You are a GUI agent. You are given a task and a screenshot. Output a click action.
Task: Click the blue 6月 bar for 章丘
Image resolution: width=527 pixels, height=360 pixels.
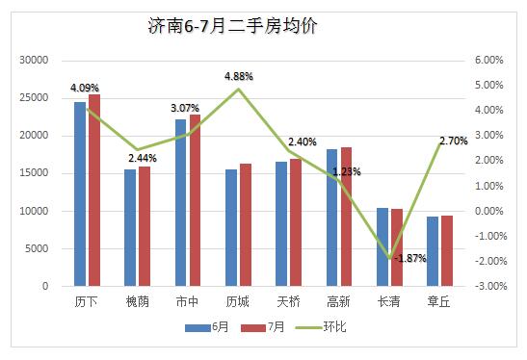click(433, 251)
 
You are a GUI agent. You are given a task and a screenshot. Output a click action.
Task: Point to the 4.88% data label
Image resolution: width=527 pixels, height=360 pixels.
click(240, 76)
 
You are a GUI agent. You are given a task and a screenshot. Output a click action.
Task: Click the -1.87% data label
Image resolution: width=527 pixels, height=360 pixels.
click(411, 258)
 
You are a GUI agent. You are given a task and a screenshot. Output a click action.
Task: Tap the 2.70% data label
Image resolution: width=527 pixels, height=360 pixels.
click(453, 141)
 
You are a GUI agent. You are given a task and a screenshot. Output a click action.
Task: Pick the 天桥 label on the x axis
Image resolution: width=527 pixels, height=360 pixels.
click(288, 301)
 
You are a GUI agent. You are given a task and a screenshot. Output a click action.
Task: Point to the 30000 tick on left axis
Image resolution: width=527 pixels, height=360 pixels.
click(34, 60)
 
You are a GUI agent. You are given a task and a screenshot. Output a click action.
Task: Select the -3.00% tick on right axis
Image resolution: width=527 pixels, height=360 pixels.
click(488, 286)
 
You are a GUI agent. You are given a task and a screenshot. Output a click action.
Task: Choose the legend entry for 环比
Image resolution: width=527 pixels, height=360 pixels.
click(320, 327)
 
